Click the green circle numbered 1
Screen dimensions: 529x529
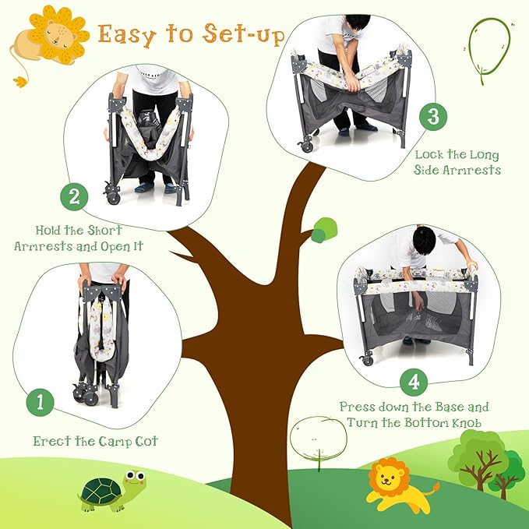click(x=40, y=403)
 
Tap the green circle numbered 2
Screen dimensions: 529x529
click(x=74, y=196)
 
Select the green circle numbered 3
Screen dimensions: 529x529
click(x=433, y=117)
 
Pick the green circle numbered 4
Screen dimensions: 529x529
click(x=413, y=381)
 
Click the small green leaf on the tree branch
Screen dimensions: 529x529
click(x=324, y=230)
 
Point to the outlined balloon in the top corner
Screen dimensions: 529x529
click(x=488, y=47)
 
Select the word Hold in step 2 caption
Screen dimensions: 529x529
click(x=53, y=231)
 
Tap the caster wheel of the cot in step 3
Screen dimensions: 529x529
click(x=307, y=146)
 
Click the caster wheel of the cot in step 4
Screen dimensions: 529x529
click(x=366, y=359)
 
